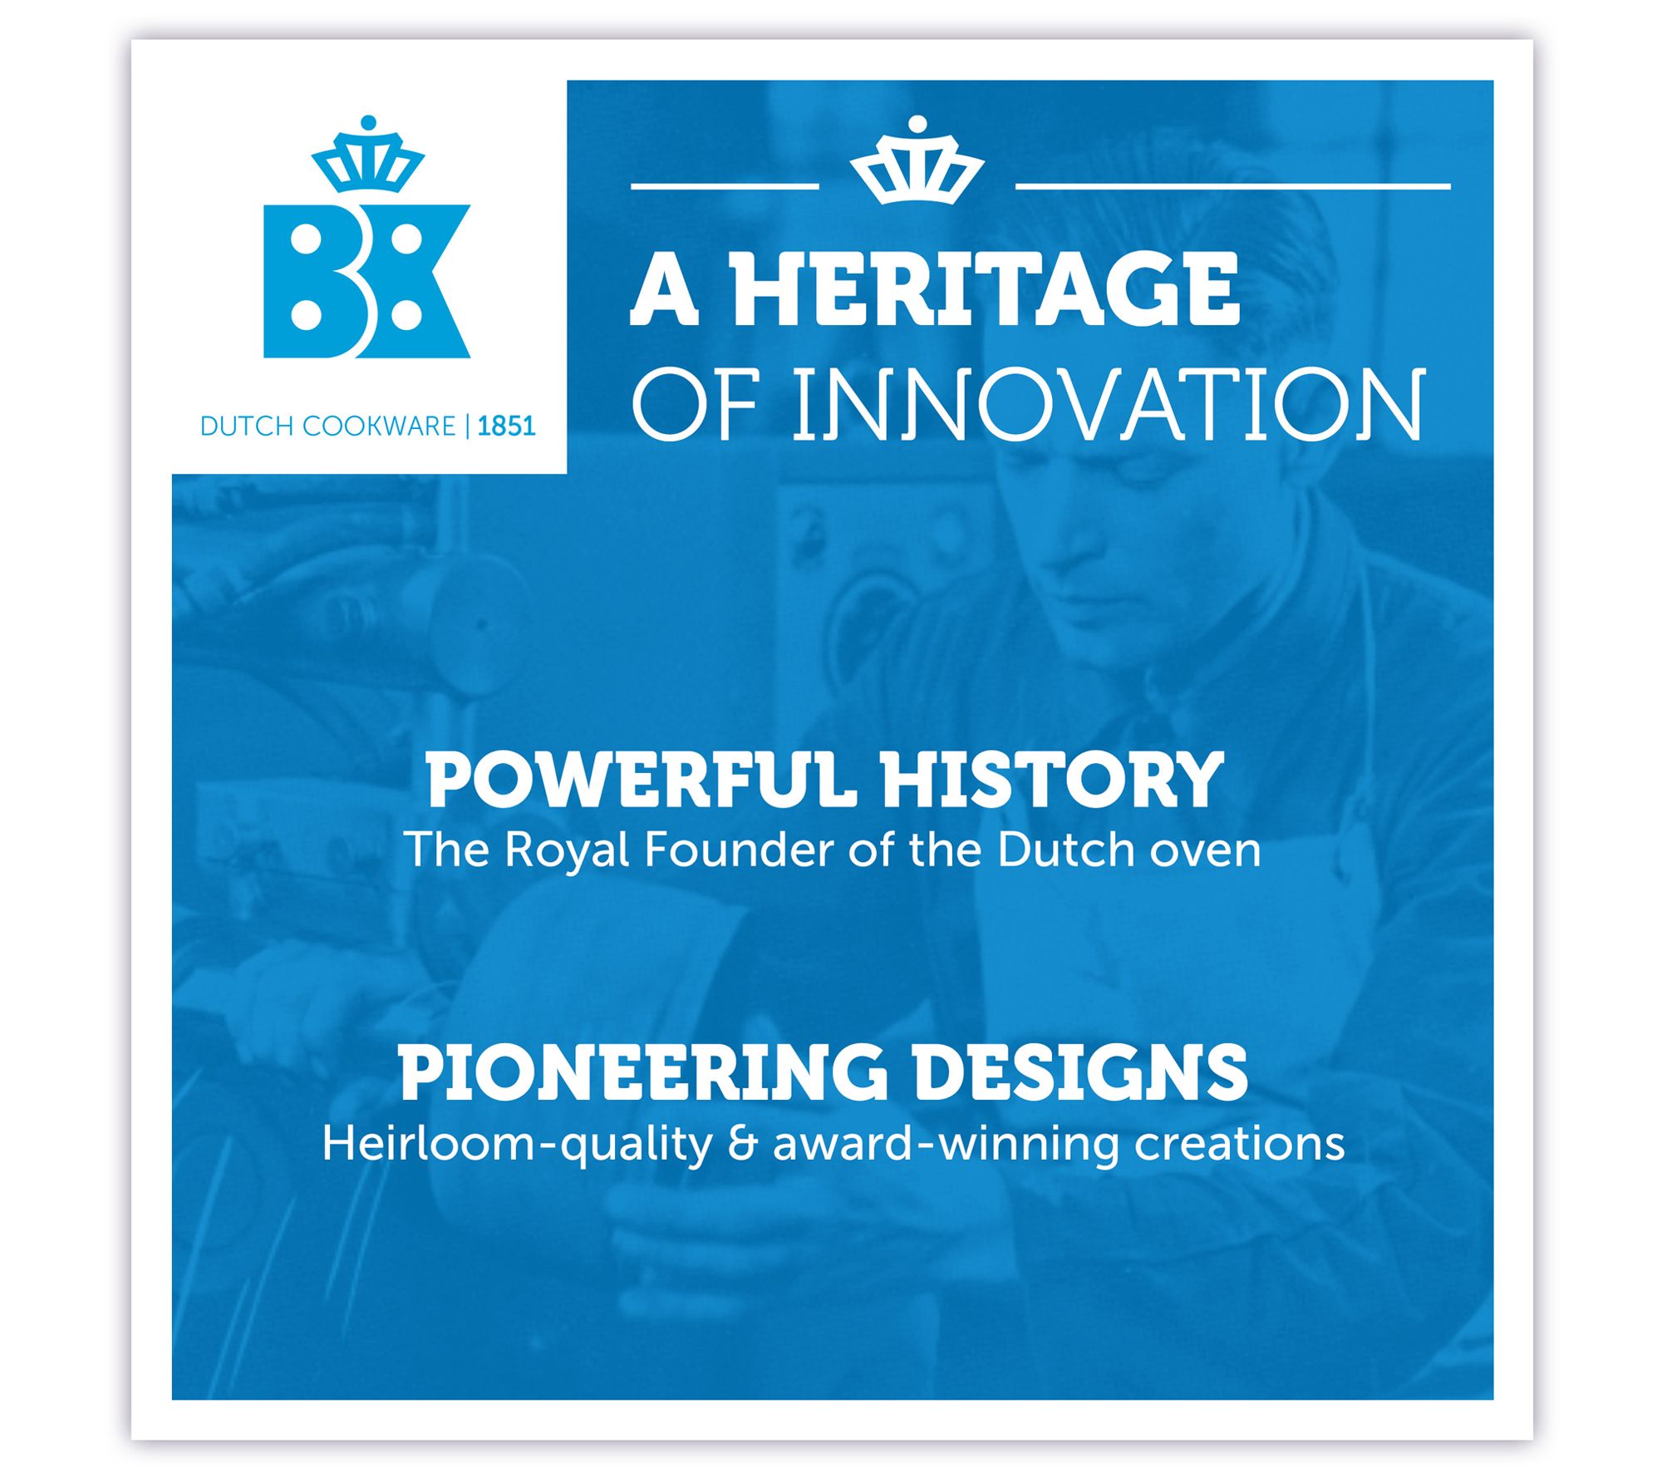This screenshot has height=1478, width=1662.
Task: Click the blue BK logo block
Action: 366,281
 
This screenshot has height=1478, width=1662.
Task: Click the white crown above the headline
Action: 917,160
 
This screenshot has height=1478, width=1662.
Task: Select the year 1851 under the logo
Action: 506,426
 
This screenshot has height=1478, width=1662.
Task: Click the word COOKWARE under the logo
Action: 378,426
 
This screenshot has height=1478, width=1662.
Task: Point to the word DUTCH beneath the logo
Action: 247,426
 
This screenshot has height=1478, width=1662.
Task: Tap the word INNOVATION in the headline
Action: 1109,406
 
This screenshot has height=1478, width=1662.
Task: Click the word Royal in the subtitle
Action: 565,851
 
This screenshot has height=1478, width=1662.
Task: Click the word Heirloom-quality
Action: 517,1145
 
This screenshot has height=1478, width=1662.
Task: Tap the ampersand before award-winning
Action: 742,1145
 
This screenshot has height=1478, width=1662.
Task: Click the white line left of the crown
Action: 725,186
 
